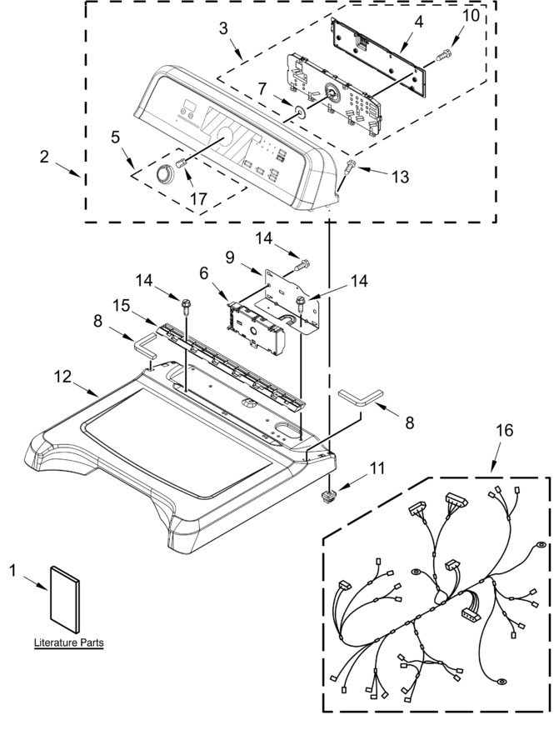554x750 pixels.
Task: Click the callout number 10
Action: pyautogui.click(x=471, y=15)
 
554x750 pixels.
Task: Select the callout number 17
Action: pyautogui.click(x=199, y=197)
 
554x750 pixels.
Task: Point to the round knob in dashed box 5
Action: pyautogui.click(x=164, y=173)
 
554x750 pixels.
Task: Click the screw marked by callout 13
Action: pyautogui.click(x=349, y=167)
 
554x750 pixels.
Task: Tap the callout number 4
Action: pyautogui.click(x=418, y=22)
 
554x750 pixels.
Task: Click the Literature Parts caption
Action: pyautogui.click(x=69, y=642)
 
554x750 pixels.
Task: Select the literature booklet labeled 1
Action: pyautogui.click(x=65, y=602)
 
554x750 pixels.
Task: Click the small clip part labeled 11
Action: pyautogui.click(x=327, y=496)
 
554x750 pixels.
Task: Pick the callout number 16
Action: pyautogui.click(x=504, y=430)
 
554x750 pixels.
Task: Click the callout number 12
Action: pyautogui.click(x=62, y=377)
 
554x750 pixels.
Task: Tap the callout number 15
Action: pyautogui.click(x=122, y=305)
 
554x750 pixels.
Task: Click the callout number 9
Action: pyautogui.click(x=230, y=257)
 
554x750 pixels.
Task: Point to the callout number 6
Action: pyautogui.click(x=204, y=273)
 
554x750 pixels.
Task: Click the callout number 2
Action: pyautogui.click(x=44, y=156)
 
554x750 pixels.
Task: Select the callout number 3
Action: pyautogui.click(x=223, y=28)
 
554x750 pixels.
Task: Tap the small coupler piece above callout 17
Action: pyautogui.click(x=181, y=163)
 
